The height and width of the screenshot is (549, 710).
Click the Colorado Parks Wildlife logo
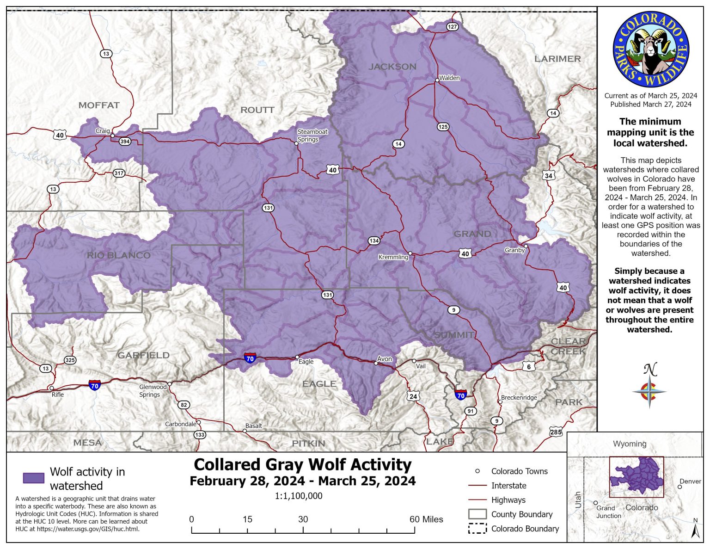coord(651,50)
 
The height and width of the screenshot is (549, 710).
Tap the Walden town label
coord(449,78)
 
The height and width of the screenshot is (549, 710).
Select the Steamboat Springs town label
coord(312,136)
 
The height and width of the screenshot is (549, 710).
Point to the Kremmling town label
coord(393,257)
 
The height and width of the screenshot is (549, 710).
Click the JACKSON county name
coord(392,67)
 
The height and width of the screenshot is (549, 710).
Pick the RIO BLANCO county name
coord(118,255)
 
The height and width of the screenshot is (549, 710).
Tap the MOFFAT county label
coord(99,105)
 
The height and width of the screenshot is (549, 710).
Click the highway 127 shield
coord(452,27)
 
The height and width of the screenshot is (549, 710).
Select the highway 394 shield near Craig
coord(125,142)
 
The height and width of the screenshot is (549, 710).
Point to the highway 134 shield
coord(374,241)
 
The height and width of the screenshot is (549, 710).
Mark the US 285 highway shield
coord(556,432)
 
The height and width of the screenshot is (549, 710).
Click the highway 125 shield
coord(443,127)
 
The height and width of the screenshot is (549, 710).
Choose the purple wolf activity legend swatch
coord(34,478)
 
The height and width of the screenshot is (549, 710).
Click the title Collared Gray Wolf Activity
coord(302,464)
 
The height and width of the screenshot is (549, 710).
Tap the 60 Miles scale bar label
coord(426,519)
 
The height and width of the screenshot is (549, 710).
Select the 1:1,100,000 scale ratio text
coord(299,496)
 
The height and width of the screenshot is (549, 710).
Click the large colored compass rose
coord(649,391)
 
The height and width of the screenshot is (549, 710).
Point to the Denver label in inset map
coord(690,481)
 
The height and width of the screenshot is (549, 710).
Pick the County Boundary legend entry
coord(521,514)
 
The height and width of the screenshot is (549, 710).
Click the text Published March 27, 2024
coord(650,105)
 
